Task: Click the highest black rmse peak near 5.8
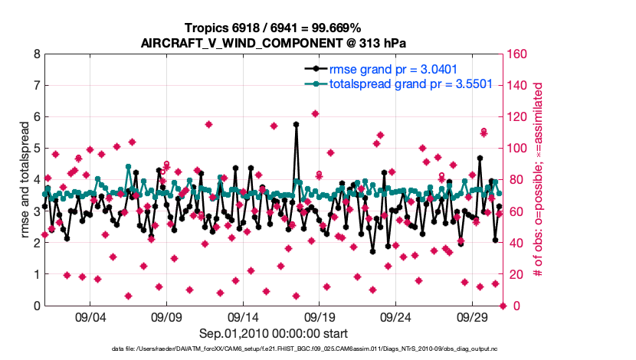[x=296, y=124]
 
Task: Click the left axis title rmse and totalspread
[x=22, y=181]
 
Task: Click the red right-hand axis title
[x=538, y=181]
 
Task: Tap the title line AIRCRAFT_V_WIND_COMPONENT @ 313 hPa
[x=274, y=43]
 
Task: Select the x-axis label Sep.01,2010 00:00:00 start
[x=274, y=333]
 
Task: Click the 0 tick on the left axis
[x=36, y=306]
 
